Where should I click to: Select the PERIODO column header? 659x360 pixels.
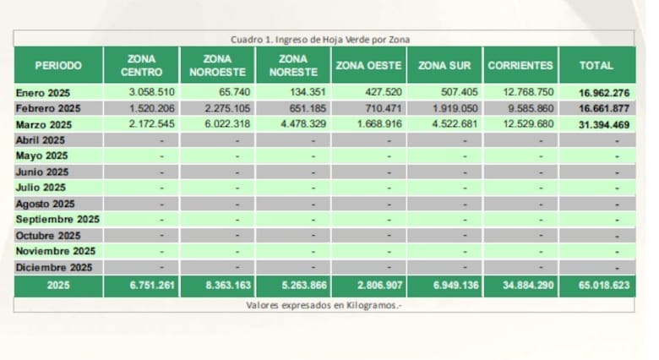[58, 65]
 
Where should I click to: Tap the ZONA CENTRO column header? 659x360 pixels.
[140, 65]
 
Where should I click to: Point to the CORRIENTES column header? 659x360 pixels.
[521, 65]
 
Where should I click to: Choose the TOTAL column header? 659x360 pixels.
[597, 65]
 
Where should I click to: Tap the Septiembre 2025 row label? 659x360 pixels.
[57, 220]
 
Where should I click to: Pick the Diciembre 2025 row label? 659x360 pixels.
[54, 268]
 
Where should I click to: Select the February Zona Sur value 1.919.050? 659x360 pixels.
[455, 108]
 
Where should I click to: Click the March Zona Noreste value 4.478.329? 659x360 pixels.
[303, 124]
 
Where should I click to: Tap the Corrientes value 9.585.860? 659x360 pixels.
[531, 108]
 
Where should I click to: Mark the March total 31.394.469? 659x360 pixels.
[603, 124]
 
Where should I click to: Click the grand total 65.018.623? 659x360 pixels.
[603, 286]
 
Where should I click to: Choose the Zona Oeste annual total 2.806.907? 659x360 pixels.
[379, 286]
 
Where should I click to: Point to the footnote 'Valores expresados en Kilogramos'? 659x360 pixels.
[324, 304]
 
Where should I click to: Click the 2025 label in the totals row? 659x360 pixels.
[58, 286]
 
